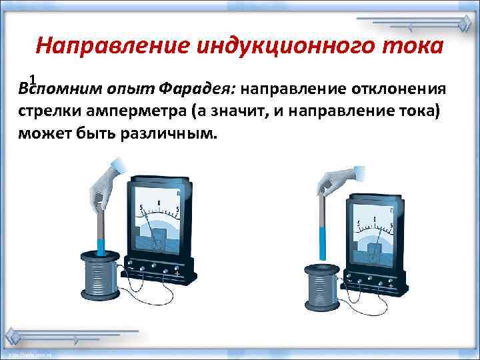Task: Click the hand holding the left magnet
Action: pos(106,183)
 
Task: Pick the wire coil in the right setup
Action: pos(324,287)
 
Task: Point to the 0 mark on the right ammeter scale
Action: pos(375,218)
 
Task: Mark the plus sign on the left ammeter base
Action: pos(176,273)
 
